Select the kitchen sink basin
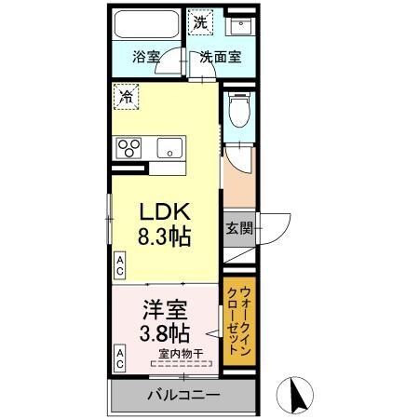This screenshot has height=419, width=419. (x=171, y=147)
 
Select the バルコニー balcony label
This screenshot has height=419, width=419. (x=183, y=395)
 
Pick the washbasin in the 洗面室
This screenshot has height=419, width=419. (x=239, y=26)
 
